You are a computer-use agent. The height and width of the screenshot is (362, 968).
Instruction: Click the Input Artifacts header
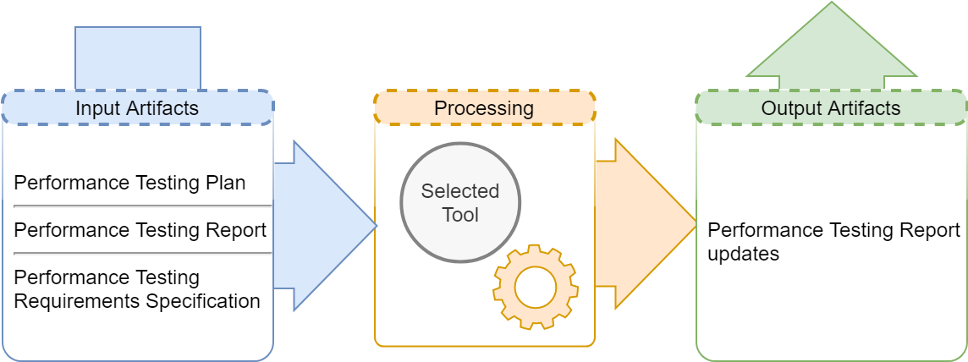[137, 108]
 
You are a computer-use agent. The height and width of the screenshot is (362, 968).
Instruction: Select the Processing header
[485, 107]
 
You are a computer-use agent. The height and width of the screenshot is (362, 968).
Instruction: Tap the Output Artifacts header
[831, 108]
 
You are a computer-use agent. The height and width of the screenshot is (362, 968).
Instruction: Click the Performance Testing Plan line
[129, 184]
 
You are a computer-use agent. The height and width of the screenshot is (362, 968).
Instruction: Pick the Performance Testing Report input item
[140, 230]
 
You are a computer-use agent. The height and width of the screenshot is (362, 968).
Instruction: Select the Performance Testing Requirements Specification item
[137, 290]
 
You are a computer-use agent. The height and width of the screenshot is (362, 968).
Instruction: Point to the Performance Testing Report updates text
[834, 242]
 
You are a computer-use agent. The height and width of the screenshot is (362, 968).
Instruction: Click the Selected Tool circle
[460, 202]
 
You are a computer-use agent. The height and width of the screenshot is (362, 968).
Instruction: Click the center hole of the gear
[536, 287]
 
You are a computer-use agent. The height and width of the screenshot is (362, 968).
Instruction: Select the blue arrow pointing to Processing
[325, 226]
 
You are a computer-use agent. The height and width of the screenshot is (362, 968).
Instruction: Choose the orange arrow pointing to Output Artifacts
[646, 224]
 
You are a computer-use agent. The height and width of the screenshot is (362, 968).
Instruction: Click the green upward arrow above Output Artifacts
[832, 47]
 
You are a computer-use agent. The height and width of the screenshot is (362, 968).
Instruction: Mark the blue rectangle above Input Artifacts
[138, 58]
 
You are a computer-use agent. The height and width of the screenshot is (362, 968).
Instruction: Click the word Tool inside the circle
[460, 215]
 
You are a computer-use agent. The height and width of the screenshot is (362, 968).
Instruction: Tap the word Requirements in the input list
[77, 302]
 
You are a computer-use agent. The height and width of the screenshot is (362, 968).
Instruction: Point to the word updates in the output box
[743, 254]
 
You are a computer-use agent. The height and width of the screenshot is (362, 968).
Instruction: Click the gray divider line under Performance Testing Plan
[143, 206]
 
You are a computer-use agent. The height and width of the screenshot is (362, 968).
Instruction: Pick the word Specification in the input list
[203, 302]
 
